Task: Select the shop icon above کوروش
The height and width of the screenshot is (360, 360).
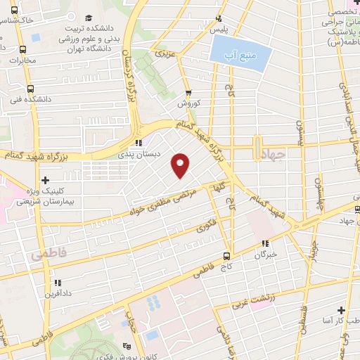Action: pyautogui.click(x=188, y=93)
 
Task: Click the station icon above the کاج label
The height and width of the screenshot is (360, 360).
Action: pyautogui.click(x=227, y=255)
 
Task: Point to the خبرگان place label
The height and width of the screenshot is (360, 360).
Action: pyautogui.click(x=266, y=255)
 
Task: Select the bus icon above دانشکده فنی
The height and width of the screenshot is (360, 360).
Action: pyautogui.click(x=30, y=89)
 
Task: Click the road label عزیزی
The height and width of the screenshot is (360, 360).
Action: pyautogui.click(x=164, y=53)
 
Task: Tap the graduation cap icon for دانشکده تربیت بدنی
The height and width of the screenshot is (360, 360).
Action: pyautogui.click(x=88, y=18)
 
